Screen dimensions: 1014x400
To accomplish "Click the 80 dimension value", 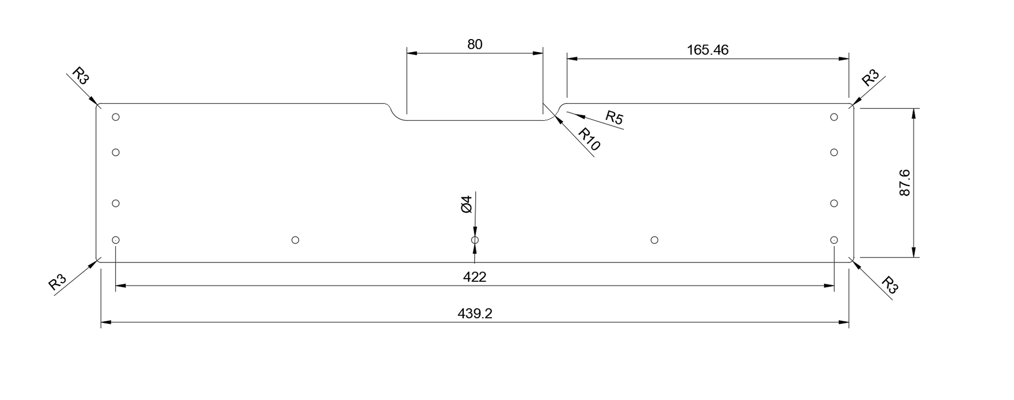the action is tap(475, 44).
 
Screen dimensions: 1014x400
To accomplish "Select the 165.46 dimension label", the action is tap(708, 50).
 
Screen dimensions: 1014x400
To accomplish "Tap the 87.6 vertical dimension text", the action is tap(905, 182).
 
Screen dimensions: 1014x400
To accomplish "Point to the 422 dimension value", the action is tap(475, 277).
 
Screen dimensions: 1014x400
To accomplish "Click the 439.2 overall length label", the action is tap(475, 314).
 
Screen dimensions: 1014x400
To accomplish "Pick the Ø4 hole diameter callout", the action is tap(466, 204).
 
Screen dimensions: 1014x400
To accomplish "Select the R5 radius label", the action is tap(614, 118).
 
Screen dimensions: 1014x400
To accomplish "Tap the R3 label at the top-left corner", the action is tap(81, 76).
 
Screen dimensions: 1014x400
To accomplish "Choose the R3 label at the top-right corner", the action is tap(870, 78).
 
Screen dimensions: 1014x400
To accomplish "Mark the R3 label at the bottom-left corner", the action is tap(57, 282).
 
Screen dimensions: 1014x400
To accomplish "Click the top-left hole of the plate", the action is tap(116, 117).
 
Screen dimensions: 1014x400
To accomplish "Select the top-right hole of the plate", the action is tap(834, 117).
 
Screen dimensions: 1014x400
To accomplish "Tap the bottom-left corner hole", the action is tap(116, 240).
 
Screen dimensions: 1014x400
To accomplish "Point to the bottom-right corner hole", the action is tap(834, 240).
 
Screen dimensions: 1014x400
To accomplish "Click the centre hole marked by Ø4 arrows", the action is tap(475, 240).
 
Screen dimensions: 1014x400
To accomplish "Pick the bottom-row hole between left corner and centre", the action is tap(295, 240).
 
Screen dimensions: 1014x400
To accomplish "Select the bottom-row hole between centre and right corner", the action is tap(654, 240).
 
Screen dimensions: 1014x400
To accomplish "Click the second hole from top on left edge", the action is tap(116, 153).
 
